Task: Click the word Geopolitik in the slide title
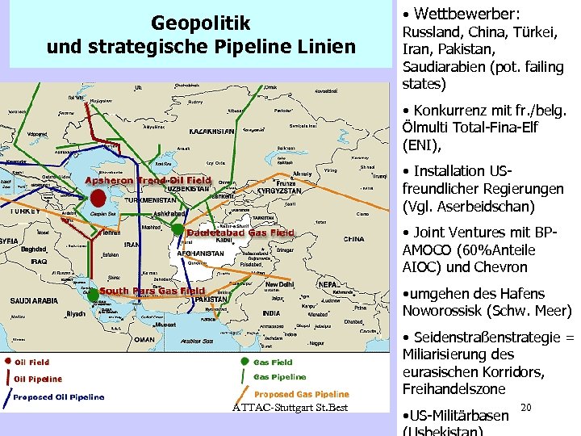201,23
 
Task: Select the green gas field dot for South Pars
94,295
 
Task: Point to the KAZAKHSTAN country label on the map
211,131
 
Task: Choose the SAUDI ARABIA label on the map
32,300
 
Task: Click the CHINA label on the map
353,239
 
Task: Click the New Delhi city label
280,284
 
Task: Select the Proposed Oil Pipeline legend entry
59,396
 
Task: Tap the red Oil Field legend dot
6,362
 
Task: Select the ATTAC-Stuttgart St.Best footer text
290,407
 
